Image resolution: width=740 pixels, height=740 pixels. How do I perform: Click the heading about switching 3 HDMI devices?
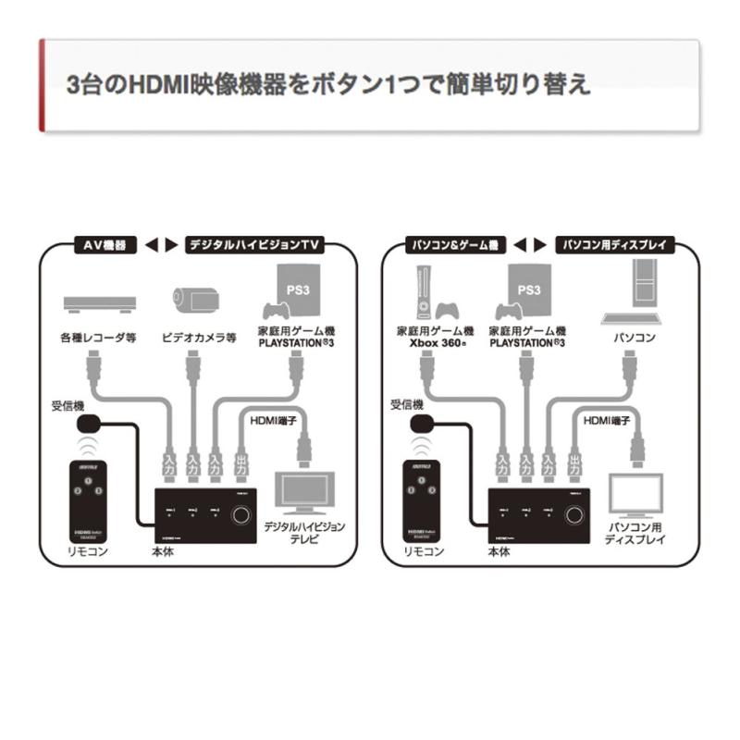pyautogui.click(x=329, y=84)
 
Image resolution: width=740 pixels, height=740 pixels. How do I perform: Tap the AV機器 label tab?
pyautogui.click(x=105, y=245)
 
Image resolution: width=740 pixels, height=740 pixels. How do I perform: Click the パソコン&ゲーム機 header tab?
pyautogui.click(x=453, y=245)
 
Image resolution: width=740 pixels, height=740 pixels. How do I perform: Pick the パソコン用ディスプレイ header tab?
pyautogui.click(x=615, y=245)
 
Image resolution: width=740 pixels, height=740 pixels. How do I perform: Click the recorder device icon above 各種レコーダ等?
pyautogui.click(x=99, y=302)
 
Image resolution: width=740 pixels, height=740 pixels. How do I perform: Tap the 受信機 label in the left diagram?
pyautogui.click(x=70, y=405)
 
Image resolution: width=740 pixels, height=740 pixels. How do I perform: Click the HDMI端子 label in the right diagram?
pyautogui.click(x=607, y=421)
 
